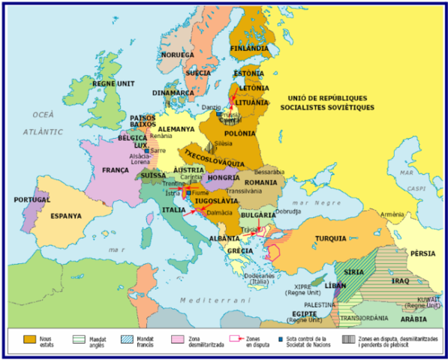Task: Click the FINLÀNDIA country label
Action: [x=250, y=48]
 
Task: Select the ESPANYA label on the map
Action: [x=66, y=216]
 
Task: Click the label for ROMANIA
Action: [x=260, y=182]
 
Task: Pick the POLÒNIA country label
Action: [x=240, y=133]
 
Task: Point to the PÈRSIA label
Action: [x=422, y=253]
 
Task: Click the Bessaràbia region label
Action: [x=270, y=172]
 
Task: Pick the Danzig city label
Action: [x=212, y=108]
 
